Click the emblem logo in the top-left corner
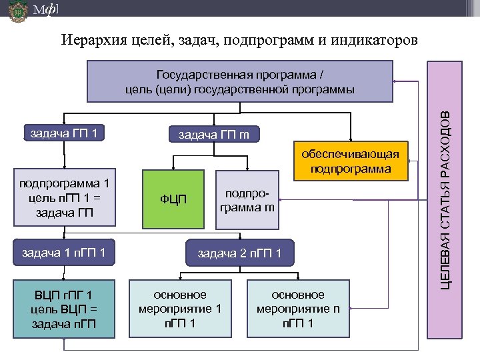[x=18, y=12]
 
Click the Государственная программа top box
[x=241, y=81]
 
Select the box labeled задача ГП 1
[x=64, y=133]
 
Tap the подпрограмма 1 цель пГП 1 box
[x=64, y=199]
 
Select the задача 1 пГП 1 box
[x=64, y=253]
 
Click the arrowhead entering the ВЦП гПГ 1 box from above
[x=64, y=280]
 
